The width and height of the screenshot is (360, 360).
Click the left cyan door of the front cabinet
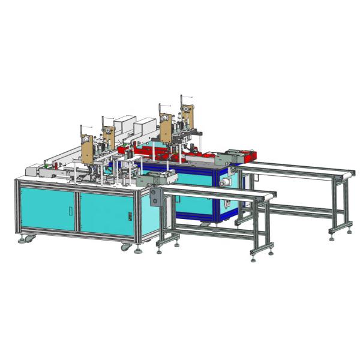[x=46, y=210]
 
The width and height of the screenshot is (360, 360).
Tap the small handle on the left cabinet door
[x=70, y=211]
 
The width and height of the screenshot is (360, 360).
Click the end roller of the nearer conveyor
[x=274, y=194]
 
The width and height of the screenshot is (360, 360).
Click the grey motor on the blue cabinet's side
[x=226, y=181]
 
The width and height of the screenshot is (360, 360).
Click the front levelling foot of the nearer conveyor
[x=254, y=259]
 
